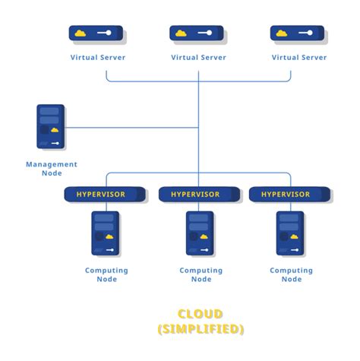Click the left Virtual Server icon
click(x=96, y=34)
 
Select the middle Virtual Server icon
click(x=197, y=34)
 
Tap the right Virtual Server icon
click(x=298, y=34)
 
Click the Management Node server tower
click(x=51, y=126)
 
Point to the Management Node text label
click(x=52, y=169)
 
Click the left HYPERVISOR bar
click(x=106, y=195)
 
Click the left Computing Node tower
click(x=106, y=233)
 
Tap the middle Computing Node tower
click(x=200, y=233)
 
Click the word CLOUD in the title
click(x=201, y=314)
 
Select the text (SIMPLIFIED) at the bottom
click(x=201, y=329)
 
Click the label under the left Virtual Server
click(x=98, y=57)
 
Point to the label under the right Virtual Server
click(x=298, y=57)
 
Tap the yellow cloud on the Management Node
click(x=55, y=130)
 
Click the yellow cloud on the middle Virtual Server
click(x=182, y=33)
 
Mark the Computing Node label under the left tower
click(x=106, y=275)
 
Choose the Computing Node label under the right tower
click(x=292, y=275)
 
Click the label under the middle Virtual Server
click(x=198, y=57)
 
